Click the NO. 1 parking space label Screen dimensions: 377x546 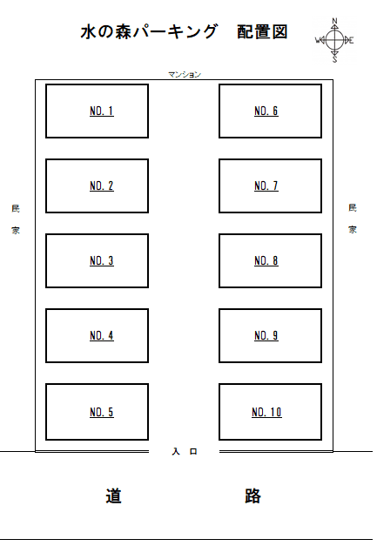[102, 111]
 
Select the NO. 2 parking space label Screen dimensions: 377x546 [102, 186]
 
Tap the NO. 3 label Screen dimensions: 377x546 [102, 261]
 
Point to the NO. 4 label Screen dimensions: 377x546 [102, 335]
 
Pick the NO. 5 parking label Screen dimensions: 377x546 [102, 412]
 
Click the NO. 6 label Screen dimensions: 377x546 [266, 111]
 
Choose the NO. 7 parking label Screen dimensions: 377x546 [266, 186]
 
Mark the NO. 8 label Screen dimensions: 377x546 [266, 261]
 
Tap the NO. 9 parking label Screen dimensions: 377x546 [266, 335]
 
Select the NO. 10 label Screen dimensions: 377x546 [266, 412]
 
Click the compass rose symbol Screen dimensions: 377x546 [334, 40]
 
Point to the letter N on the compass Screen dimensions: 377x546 [335, 21]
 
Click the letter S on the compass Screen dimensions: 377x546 [335, 60]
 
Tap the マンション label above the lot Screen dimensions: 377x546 [185, 75]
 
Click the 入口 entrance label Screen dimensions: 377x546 [185, 451]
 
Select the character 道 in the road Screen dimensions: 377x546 [113, 495]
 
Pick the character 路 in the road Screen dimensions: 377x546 [252, 495]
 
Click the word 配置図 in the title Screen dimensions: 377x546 [262, 32]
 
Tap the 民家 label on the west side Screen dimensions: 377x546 [16, 219]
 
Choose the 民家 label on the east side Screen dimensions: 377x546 [353, 219]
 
